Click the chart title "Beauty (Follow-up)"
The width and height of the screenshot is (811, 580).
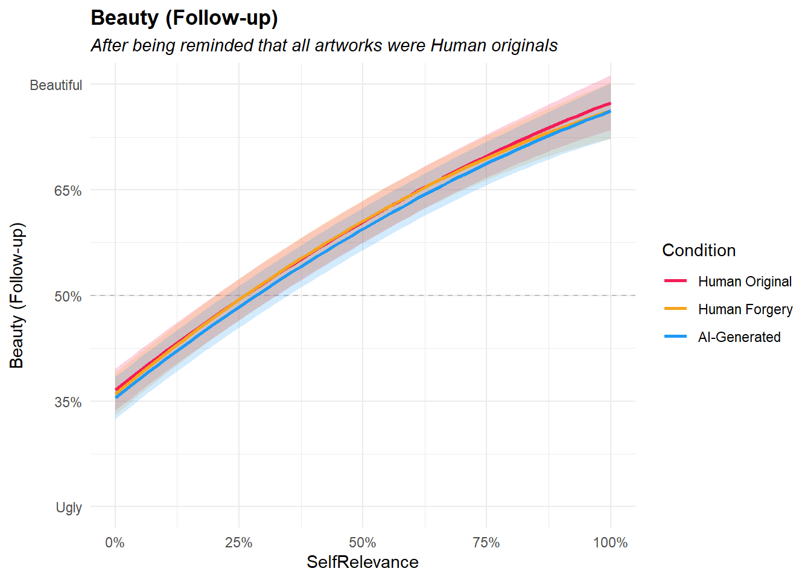(x=184, y=18)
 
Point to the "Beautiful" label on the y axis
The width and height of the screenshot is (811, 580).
(x=56, y=85)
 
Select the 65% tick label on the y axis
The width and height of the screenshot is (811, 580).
(x=68, y=191)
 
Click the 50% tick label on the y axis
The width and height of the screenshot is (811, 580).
(x=68, y=297)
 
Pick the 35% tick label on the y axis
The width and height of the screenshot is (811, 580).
(x=68, y=402)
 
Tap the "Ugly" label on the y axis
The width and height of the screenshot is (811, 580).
(x=69, y=507)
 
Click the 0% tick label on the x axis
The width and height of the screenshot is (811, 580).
(x=115, y=543)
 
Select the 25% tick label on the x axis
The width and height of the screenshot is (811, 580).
(x=239, y=543)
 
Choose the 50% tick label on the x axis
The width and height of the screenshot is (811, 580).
(x=363, y=543)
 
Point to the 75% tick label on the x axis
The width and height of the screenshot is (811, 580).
(x=486, y=543)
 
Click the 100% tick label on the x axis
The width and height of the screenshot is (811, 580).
(x=611, y=543)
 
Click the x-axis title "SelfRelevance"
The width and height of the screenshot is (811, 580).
(x=363, y=562)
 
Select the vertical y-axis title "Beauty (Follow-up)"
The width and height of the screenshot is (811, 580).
(x=17, y=295)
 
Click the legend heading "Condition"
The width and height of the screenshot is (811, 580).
(x=699, y=250)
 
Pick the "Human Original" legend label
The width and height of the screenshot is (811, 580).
(x=745, y=282)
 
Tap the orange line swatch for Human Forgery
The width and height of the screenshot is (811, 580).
(x=675, y=309)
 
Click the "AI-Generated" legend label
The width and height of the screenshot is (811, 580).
(x=739, y=337)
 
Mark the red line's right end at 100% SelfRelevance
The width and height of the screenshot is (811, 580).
(x=610, y=103)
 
